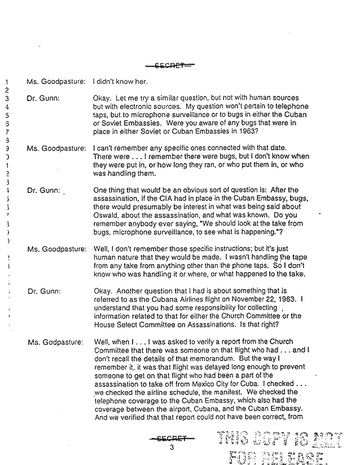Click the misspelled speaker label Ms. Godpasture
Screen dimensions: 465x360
(x=55, y=342)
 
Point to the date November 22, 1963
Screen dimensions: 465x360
(x=269, y=299)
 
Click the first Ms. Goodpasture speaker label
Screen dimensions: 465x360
(x=56, y=82)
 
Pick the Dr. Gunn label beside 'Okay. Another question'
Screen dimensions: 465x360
(x=43, y=291)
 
